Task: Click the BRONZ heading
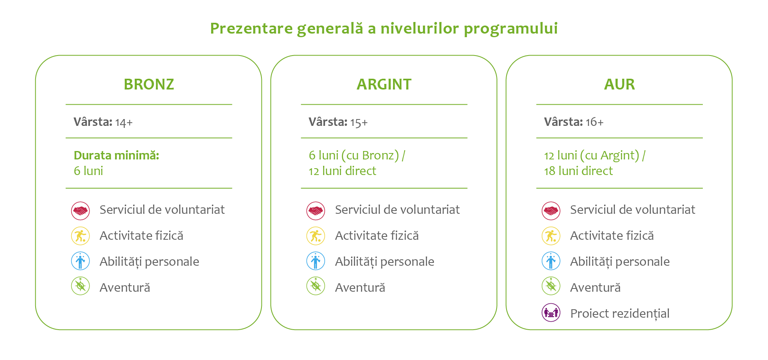tap(149, 84)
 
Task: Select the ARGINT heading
tap(384, 84)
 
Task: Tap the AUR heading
tap(619, 84)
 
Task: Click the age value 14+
tap(124, 122)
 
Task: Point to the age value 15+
tap(359, 122)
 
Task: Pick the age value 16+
tap(594, 122)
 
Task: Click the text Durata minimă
tap(116, 155)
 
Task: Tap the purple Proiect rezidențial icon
tap(551, 313)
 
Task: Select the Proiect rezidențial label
tap(620, 314)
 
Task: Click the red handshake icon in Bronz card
tap(80, 211)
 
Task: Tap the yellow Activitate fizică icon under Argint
tap(316, 236)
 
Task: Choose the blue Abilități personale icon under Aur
tap(551, 261)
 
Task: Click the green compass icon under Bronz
tap(80, 286)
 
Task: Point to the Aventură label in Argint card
tap(360, 287)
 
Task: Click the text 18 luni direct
tap(578, 171)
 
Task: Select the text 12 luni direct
tap(342, 171)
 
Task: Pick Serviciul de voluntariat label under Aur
tap(632, 210)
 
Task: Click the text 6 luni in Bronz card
tap(88, 171)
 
